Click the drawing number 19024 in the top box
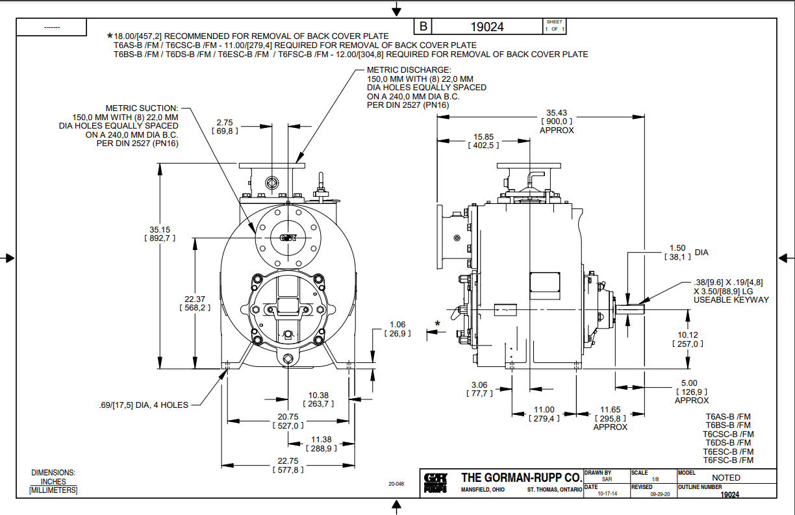[x=486, y=27]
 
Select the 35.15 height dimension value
[x=160, y=229]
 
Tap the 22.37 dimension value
[x=195, y=299]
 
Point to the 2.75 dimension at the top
[x=225, y=122]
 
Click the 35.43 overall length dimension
[x=557, y=112]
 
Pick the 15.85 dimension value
[x=483, y=137]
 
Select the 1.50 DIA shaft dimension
[x=677, y=248]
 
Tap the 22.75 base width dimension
[x=289, y=461]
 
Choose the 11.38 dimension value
[x=321, y=440]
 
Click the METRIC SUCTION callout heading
[x=142, y=108]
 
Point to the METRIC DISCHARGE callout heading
[x=409, y=69]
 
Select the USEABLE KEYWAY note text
[x=731, y=299]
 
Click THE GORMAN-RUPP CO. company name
[x=521, y=477]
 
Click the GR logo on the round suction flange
[x=288, y=238]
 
